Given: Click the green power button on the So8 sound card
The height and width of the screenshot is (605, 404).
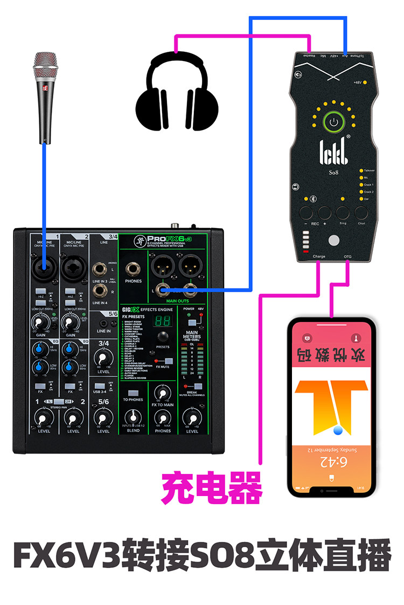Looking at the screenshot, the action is point(334,122).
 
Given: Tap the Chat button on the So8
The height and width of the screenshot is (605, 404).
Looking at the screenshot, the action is point(361,212).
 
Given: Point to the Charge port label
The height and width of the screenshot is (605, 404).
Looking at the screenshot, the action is point(319,256).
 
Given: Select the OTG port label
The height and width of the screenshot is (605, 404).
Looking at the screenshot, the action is point(347,256).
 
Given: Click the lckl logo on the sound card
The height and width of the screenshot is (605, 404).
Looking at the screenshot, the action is point(334,149).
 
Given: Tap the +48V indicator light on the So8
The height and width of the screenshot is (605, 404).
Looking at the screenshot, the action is point(365,82).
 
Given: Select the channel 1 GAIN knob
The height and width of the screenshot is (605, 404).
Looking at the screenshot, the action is point(38,322).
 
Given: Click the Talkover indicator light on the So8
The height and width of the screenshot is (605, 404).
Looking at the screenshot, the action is point(361,170).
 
